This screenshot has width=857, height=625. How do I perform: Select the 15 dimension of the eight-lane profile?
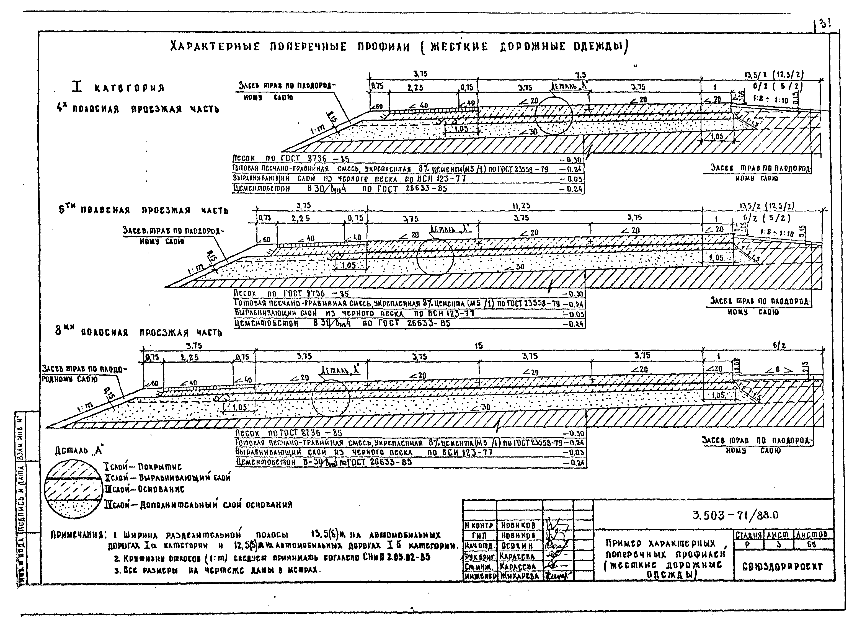click(x=479, y=346)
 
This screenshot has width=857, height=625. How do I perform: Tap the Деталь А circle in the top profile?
click(x=553, y=115)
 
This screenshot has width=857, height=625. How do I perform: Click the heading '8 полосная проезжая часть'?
click(x=138, y=332)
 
